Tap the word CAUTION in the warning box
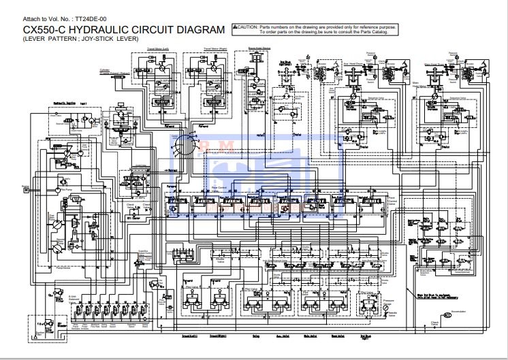[x=247, y=26]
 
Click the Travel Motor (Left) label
[x=157, y=50]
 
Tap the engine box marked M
[x=27, y=189]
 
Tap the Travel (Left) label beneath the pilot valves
[x=189, y=336]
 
